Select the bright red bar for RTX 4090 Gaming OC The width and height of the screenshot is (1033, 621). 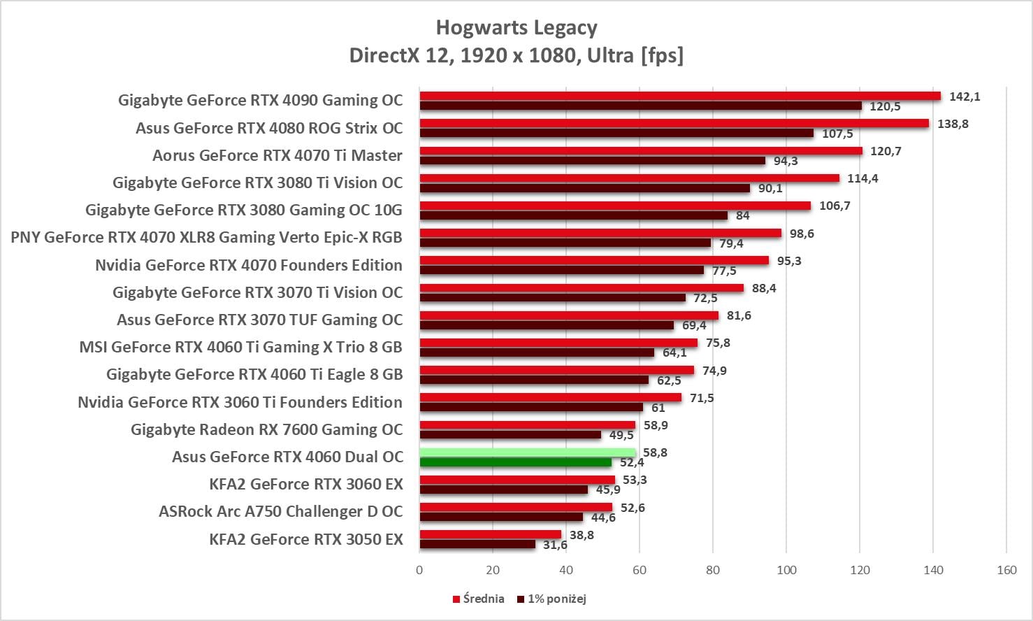coord(679,96)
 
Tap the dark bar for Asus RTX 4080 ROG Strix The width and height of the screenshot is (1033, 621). coord(616,133)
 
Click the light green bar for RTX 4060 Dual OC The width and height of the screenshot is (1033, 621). coord(527,452)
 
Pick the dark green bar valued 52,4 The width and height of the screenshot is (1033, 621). coord(515,462)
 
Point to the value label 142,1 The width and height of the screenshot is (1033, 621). coord(965,97)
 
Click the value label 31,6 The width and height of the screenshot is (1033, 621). coord(555,545)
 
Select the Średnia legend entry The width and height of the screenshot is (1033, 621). coord(479,599)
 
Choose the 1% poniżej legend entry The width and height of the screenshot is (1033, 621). coord(551,599)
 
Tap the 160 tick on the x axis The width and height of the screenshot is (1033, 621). coord(1006,570)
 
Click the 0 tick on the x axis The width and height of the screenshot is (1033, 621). coord(419,570)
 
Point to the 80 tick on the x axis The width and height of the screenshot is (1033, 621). coord(713,570)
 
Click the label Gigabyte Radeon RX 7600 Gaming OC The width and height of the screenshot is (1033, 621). coord(266,429)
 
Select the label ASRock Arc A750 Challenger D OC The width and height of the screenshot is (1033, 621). coord(280,511)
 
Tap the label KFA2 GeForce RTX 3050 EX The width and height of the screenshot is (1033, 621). coord(306,539)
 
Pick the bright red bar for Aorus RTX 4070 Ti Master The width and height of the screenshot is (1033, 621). coord(641,151)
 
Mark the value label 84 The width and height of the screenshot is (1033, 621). coord(742,215)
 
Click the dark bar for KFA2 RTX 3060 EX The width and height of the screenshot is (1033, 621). coord(503,490)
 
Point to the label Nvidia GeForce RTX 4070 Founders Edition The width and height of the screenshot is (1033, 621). coord(249,265)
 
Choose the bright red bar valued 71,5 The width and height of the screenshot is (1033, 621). coord(550,397)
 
